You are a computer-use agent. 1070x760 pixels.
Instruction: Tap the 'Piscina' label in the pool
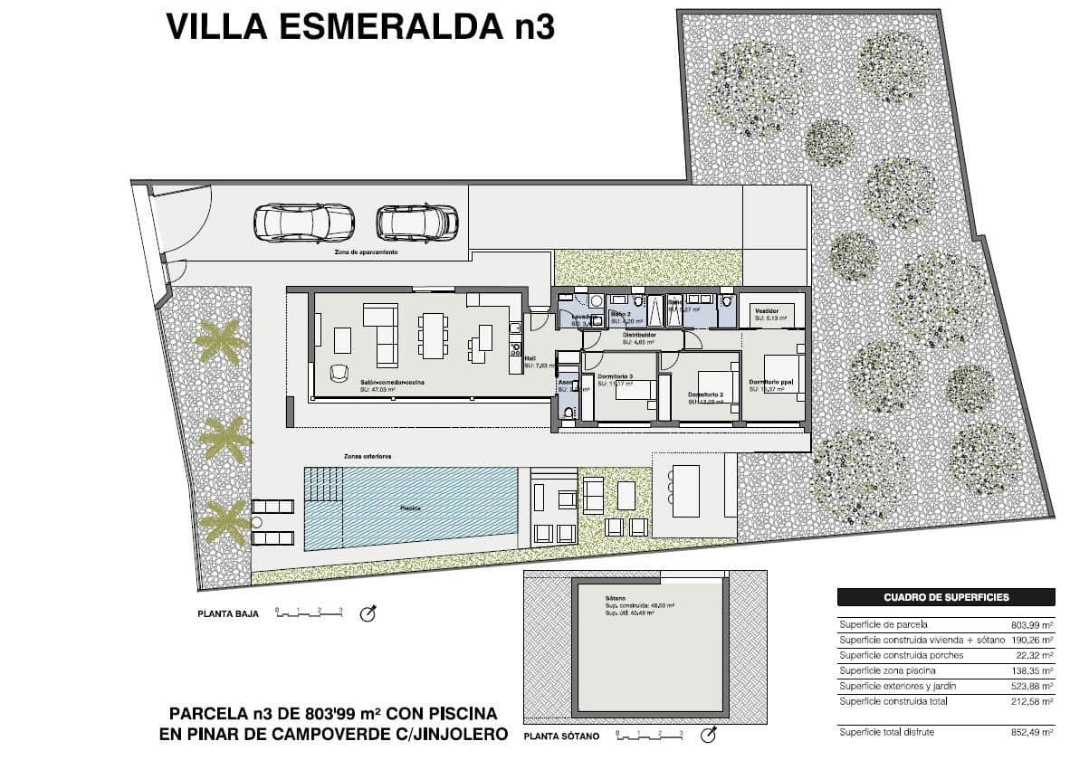[x=411, y=508]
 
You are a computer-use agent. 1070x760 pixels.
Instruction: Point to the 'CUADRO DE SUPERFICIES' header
[x=945, y=597]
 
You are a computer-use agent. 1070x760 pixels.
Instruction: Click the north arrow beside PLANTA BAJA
[x=368, y=613]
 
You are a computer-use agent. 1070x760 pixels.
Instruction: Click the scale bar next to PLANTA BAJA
[x=309, y=613]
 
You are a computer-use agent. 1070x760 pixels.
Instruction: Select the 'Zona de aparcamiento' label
[x=366, y=252]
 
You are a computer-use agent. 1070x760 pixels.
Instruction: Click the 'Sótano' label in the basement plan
[x=616, y=598]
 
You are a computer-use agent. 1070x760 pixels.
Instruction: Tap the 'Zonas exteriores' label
[x=367, y=455]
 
